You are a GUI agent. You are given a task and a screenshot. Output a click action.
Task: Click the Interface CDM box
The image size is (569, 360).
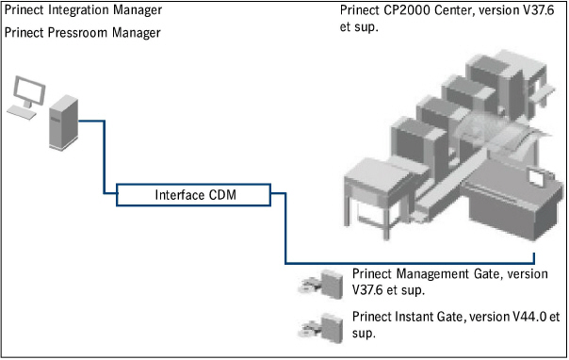pyautogui.click(x=194, y=196)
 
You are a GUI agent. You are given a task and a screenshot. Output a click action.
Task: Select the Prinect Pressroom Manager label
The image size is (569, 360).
pyautogui.click(x=82, y=33)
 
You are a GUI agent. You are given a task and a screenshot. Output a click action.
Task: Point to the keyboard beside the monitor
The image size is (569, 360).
pyautogui.click(x=21, y=111)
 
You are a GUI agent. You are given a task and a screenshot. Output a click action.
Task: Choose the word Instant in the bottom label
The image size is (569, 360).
pyautogui.click(x=415, y=317)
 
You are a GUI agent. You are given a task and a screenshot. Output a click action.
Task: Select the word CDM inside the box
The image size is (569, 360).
pyautogui.click(x=222, y=196)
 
